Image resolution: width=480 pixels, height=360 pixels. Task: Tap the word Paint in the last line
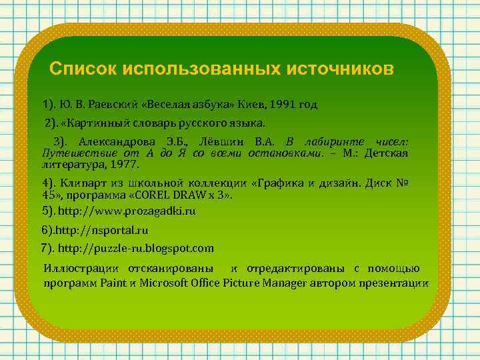coord(113,283)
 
